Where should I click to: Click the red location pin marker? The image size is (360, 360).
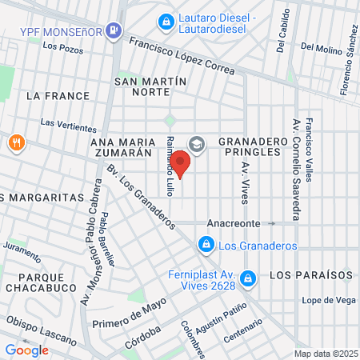(180, 162)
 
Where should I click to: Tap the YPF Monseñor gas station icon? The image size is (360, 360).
(115, 31)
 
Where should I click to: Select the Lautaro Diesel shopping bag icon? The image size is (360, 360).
(166, 19)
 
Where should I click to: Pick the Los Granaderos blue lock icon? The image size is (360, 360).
(206, 242)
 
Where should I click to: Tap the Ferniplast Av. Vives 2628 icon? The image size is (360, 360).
(248, 278)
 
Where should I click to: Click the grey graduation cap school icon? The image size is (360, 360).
(198, 144)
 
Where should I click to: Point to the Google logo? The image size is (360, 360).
(26, 350)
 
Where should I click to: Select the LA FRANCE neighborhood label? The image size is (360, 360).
(58, 96)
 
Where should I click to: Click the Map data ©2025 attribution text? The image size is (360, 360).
(325, 354)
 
